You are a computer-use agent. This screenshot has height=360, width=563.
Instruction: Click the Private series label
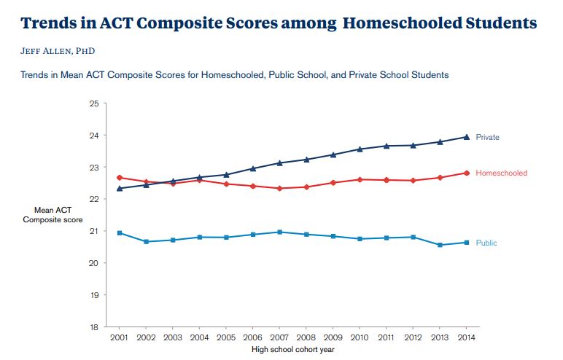coord(487,137)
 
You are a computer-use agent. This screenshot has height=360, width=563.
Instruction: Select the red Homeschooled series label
coord(501,173)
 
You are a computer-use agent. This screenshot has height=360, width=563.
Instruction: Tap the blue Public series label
coord(486,243)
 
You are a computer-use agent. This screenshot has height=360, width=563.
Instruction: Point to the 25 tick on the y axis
coord(94,103)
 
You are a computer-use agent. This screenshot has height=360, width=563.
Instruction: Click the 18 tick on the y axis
coord(94,327)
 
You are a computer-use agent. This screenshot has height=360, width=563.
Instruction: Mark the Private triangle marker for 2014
coord(465,137)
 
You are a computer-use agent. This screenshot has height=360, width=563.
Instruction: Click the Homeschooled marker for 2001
coord(120,177)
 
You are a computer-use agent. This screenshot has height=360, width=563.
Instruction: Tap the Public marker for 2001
coord(120,232)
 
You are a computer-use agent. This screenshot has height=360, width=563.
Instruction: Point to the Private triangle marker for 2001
coord(120,188)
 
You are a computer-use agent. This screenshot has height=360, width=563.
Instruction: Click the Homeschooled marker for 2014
coord(465,173)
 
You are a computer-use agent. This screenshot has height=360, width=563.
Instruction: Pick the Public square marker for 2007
coord(279,232)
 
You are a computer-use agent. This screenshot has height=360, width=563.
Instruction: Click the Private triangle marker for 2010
coord(359,149)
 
